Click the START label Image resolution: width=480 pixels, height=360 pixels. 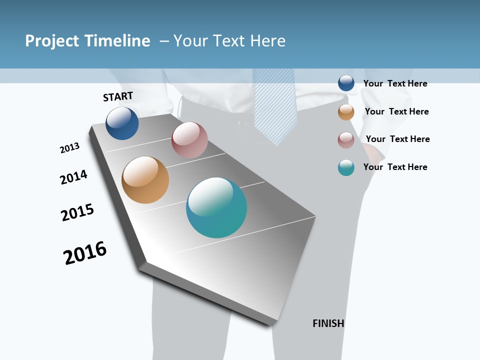pyautogui.click(x=118, y=96)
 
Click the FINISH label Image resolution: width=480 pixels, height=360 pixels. pyautogui.click(x=328, y=323)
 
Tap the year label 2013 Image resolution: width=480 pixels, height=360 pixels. pyautogui.click(x=69, y=148)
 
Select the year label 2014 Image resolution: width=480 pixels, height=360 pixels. pyautogui.click(x=73, y=177)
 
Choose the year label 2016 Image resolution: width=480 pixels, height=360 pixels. pyautogui.click(x=85, y=252)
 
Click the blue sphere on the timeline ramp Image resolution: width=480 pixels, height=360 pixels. pyautogui.click(x=122, y=123)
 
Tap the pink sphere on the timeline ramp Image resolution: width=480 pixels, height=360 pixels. pyautogui.click(x=189, y=140)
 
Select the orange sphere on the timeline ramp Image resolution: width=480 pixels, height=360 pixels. pyautogui.click(x=145, y=180)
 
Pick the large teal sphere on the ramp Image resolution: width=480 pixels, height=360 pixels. pyautogui.click(x=216, y=207)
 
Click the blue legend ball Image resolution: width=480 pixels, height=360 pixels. pyautogui.click(x=346, y=83)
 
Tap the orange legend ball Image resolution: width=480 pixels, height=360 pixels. pyautogui.click(x=346, y=112)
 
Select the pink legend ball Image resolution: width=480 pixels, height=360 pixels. pyautogui.click(x=346, y=140)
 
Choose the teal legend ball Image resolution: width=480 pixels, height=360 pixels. pyautogui.click(x=346, y=167)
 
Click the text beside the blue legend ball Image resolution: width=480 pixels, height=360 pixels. pyautogui.click(x=395, y=83)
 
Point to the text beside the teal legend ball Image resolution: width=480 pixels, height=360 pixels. pyautogui.click(x=395, y=167)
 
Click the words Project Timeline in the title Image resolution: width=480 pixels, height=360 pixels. pyautogui.click(x=87, y=41)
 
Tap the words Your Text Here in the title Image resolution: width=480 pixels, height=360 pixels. pyautogui.click(x=229, y=41)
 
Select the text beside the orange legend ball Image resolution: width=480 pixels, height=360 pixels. pyautogui.click(x=396, y=111)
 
